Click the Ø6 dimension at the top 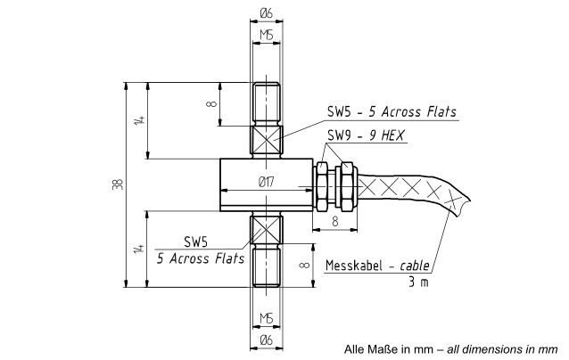[x=266, y=13]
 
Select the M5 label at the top [x=267, y=35]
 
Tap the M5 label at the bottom [x=267, y=318]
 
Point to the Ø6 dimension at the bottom [x=266, y=340]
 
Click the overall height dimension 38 [x=119, y=184]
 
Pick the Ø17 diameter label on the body [x=266, y=182]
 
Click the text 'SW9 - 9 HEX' [x=366, y=135]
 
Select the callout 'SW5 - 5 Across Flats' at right [x=392, y=111]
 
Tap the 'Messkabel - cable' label [x=377, y=266]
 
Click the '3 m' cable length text [x=418, y=282]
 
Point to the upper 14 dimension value [x=140, y=120]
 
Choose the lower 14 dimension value [x=139, y=250]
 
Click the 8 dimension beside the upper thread [x=211, y=104]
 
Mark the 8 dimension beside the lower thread [x=305, y=265]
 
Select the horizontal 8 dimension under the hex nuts [x=335, y=221]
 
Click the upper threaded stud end [x=267, y=104]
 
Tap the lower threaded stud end [x=267, y=266]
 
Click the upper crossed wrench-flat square [x=267, y=140]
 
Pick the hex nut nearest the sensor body [x=322, y=186]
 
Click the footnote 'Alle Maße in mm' [x=389, y=349]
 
